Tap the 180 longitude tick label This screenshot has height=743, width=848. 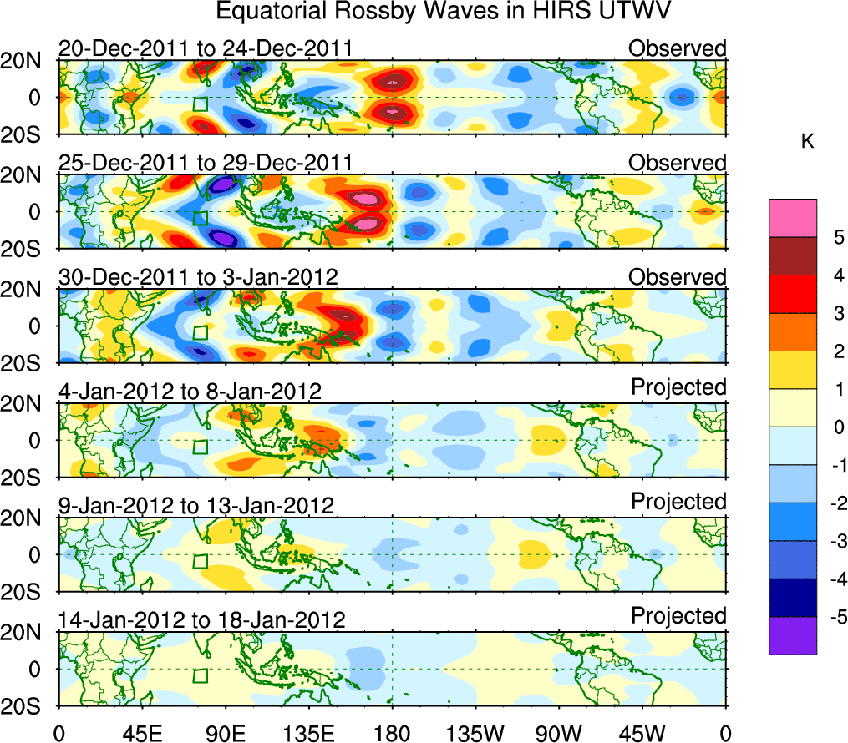point(392,732)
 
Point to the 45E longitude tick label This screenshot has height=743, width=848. point(141,732)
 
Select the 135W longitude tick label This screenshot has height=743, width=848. point(475,732)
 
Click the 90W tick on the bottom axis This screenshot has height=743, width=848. point(559,732)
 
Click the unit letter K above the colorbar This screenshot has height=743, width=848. point(807,142)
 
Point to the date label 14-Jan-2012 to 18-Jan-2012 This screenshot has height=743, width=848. point(201,620)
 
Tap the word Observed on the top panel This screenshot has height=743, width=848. point(678,48)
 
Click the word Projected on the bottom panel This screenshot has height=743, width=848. point(678,616)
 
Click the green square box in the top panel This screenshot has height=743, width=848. point(200,104)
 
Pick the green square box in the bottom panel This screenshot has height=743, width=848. point(200,675)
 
